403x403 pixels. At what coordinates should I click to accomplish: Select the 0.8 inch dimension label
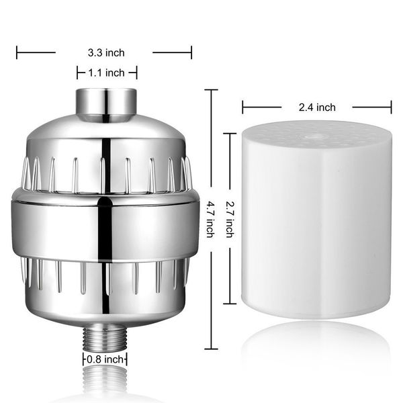105,359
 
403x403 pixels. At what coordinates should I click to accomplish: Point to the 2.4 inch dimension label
317,107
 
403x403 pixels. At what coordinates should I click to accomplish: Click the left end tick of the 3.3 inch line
17,52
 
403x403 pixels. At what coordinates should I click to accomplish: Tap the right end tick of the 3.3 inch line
191,52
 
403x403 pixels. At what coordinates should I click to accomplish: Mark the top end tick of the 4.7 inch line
212,90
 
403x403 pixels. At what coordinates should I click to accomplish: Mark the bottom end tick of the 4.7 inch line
212,349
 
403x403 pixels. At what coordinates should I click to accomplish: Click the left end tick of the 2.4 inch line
243,107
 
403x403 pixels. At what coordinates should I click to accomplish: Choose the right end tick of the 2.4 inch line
391,107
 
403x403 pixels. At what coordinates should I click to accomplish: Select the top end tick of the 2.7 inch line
232,133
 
